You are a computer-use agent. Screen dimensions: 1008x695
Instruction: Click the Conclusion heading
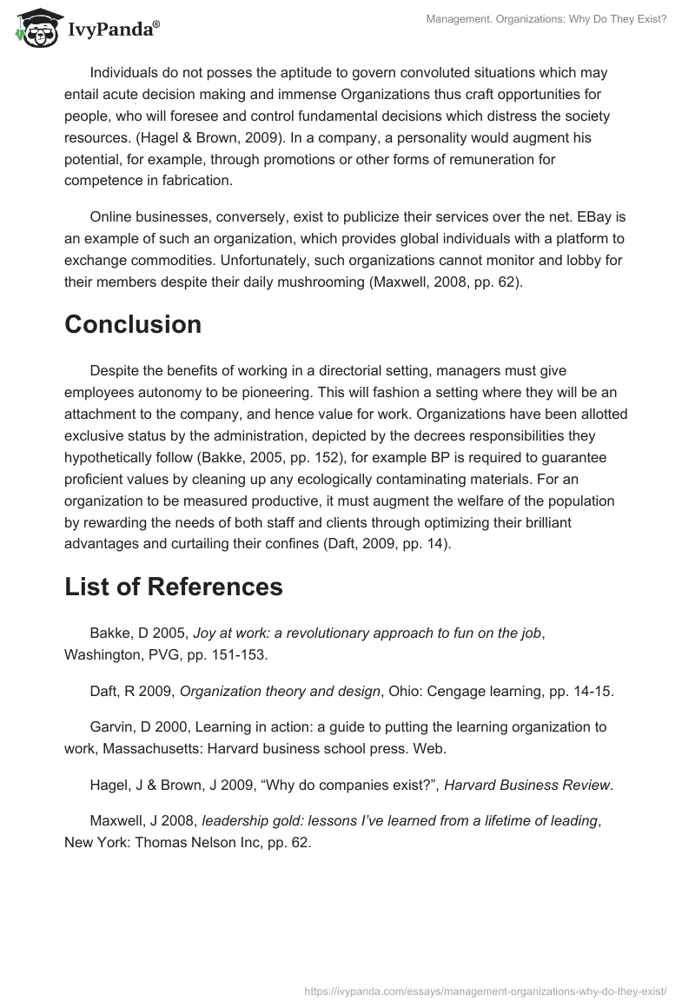coord(133,324)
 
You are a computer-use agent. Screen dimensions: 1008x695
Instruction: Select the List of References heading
coord(174,587)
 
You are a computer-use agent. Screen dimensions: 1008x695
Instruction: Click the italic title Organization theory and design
coord(281,691)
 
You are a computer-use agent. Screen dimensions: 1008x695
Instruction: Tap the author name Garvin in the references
coord(112,726)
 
